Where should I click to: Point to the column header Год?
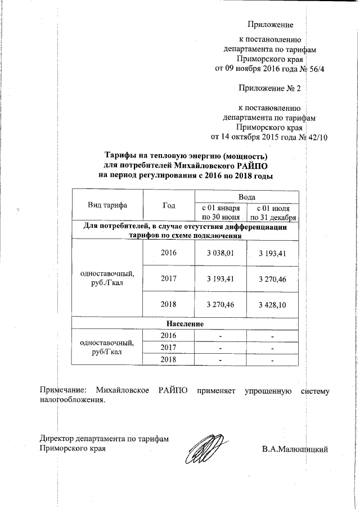point(168,205)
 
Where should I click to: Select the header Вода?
point(246,197)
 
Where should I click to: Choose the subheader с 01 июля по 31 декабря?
point(273,213)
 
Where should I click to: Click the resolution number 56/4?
point(314,69)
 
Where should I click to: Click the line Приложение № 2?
point(270,89)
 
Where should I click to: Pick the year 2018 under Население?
point(168,359)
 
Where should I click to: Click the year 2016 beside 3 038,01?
point(168,254)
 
